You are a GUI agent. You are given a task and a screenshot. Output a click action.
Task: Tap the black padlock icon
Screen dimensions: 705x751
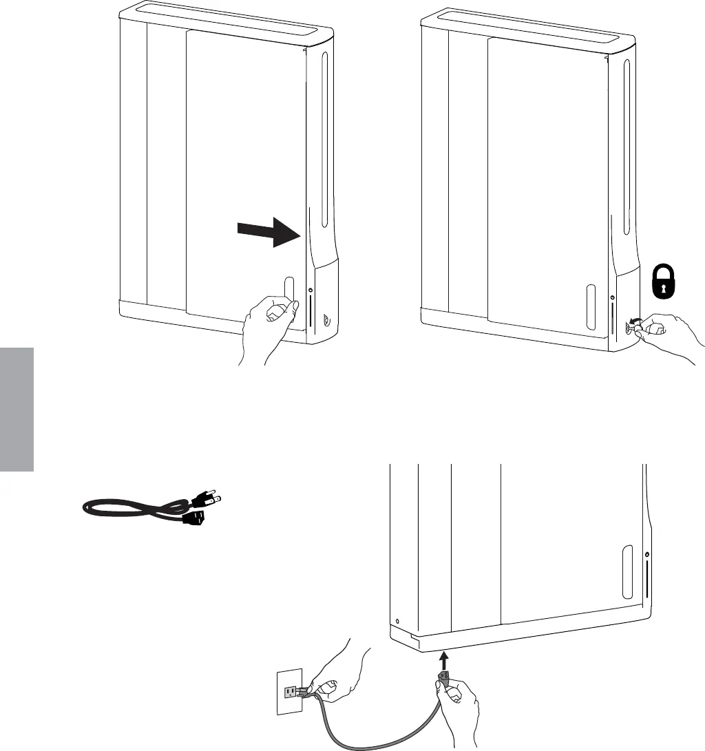click(x=664, y=283)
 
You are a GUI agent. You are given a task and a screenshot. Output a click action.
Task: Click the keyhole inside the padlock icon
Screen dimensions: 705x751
click(x=664, y=289)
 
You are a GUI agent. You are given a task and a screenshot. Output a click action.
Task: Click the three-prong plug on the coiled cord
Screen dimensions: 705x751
click(x=207, y=497)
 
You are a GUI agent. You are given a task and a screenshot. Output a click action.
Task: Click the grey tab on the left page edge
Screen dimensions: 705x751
click(x=17, y=409)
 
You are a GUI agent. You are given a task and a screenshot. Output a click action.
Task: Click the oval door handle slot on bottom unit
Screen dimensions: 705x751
click(x=627, y=571)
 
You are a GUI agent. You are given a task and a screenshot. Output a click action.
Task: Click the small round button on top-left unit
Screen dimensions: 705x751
click(x=311, y=290)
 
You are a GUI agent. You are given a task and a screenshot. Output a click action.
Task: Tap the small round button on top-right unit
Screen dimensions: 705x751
click(x=613, y=297)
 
